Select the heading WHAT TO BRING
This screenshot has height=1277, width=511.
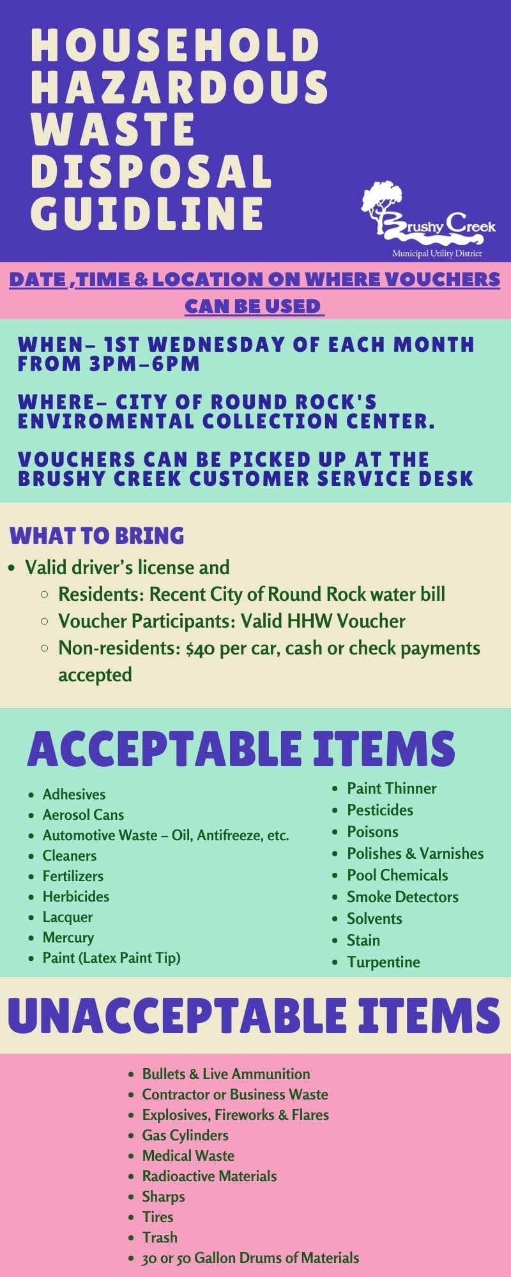point(97,535)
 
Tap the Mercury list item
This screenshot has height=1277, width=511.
point(68,937)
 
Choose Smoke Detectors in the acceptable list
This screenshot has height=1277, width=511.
point(402,896)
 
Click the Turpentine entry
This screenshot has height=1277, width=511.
point(383,962)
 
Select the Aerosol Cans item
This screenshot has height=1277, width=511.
point(83,815)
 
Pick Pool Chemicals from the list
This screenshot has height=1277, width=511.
point(397,875)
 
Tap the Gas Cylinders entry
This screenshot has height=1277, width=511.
point(185,1135)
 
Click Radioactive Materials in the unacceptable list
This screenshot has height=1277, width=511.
point(210,1176)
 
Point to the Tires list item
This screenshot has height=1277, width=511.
point(158,1217)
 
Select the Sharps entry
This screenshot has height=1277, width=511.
point(164,1197)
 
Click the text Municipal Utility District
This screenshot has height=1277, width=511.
point(437,254)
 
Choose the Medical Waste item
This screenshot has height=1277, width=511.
point(188,1156)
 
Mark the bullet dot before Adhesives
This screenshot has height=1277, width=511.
point(31,795)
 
